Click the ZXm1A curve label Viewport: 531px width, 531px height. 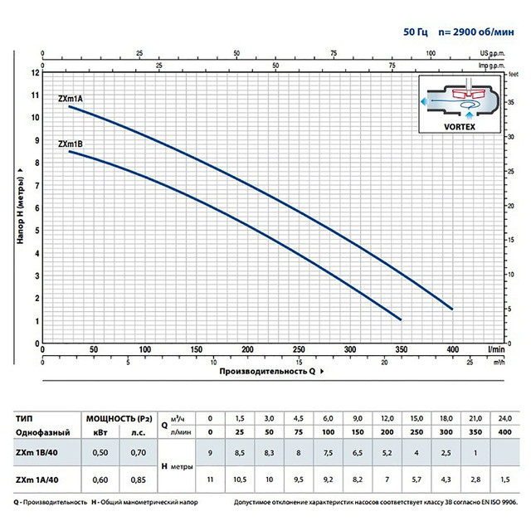point(70,99)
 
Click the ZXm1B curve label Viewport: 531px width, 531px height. point(70,144)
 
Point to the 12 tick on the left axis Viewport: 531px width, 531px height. point(35,72)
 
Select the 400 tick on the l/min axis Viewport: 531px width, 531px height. point(452,350)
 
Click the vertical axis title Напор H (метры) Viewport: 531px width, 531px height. point(18,207)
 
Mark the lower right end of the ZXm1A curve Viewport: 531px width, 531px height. point(452,309)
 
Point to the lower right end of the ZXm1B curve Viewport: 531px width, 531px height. point(401,319)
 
